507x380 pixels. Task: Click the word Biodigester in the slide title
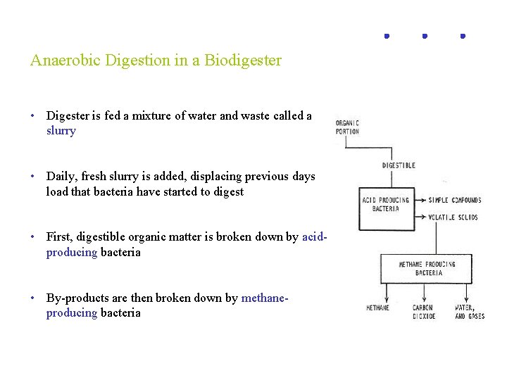tap(242, 61)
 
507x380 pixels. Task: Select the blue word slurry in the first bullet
tap(61, 131)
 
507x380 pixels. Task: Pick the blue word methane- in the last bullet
tap(265, 298)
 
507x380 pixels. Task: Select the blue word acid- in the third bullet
tap(314, 237)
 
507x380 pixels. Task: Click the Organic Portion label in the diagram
tap(347, 127)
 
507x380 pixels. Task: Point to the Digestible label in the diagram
tap(399, 165)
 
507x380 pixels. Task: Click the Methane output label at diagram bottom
tap(377, 308)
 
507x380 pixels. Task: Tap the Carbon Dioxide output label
tap(424, 312)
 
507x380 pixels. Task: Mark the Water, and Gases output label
tap(470, 312)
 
